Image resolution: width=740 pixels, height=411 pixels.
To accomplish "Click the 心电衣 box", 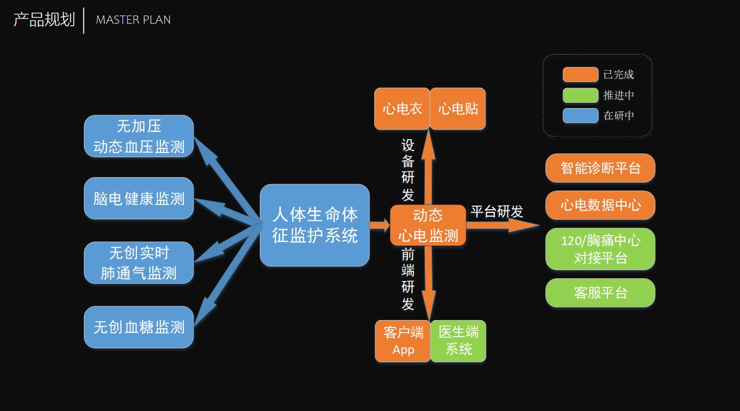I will [402, 109].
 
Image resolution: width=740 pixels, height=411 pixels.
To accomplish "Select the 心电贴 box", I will [458, 109].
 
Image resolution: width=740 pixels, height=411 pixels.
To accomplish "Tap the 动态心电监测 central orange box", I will [428, 225].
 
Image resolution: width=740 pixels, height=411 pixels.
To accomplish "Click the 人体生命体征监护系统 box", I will [314, 225].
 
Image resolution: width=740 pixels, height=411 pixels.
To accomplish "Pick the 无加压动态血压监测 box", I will [138, 136].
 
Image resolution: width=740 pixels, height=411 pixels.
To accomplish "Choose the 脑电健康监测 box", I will [138, 199].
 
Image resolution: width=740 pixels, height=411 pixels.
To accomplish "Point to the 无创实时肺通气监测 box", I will [138, 262].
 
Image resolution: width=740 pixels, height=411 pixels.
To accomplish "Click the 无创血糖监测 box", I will [138, 327].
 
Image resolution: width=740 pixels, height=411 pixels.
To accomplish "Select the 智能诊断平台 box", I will [600, 168].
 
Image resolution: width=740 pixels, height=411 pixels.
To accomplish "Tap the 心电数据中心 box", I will [600, 205].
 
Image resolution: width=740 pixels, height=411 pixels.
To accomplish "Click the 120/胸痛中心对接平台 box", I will [600, 249].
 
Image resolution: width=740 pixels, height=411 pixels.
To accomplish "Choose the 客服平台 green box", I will [600, 293].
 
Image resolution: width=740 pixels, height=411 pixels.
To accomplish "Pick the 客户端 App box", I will [403, 341].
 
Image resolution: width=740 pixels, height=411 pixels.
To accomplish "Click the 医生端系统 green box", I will [458, 341].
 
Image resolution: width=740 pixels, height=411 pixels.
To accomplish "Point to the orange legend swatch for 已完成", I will [580, 74].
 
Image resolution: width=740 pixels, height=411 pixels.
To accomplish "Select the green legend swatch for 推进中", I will [580, 95].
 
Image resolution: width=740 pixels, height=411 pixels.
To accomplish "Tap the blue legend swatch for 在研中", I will [580, 116].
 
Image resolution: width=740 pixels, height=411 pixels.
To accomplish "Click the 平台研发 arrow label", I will [497, 211].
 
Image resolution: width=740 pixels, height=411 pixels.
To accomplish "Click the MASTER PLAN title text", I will [133, 20].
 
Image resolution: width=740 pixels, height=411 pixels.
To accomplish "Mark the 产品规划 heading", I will [44, 20].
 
